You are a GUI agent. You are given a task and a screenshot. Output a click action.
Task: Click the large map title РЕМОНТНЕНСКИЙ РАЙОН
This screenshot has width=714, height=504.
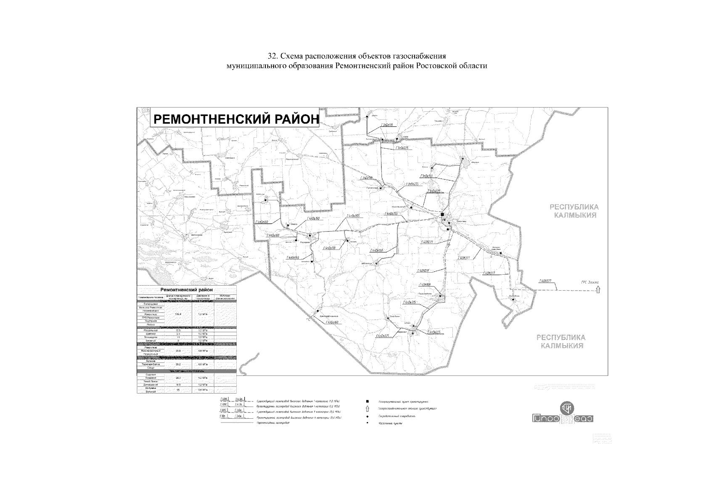[235, 119]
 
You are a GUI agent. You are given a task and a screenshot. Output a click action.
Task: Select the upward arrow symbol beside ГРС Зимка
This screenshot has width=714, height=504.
[598, 289]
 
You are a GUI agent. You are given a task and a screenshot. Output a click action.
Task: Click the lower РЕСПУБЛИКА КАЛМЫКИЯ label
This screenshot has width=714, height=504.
[561, 341]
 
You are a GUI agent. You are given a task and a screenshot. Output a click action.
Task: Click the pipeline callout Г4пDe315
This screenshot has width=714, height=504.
[409, 302]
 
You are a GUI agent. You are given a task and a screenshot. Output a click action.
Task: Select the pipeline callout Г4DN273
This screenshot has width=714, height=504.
[426, 242]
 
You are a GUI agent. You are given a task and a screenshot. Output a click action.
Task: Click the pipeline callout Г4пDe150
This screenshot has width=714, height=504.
[376, 250]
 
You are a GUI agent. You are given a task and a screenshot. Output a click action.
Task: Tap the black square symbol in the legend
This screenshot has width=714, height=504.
[368, 402]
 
